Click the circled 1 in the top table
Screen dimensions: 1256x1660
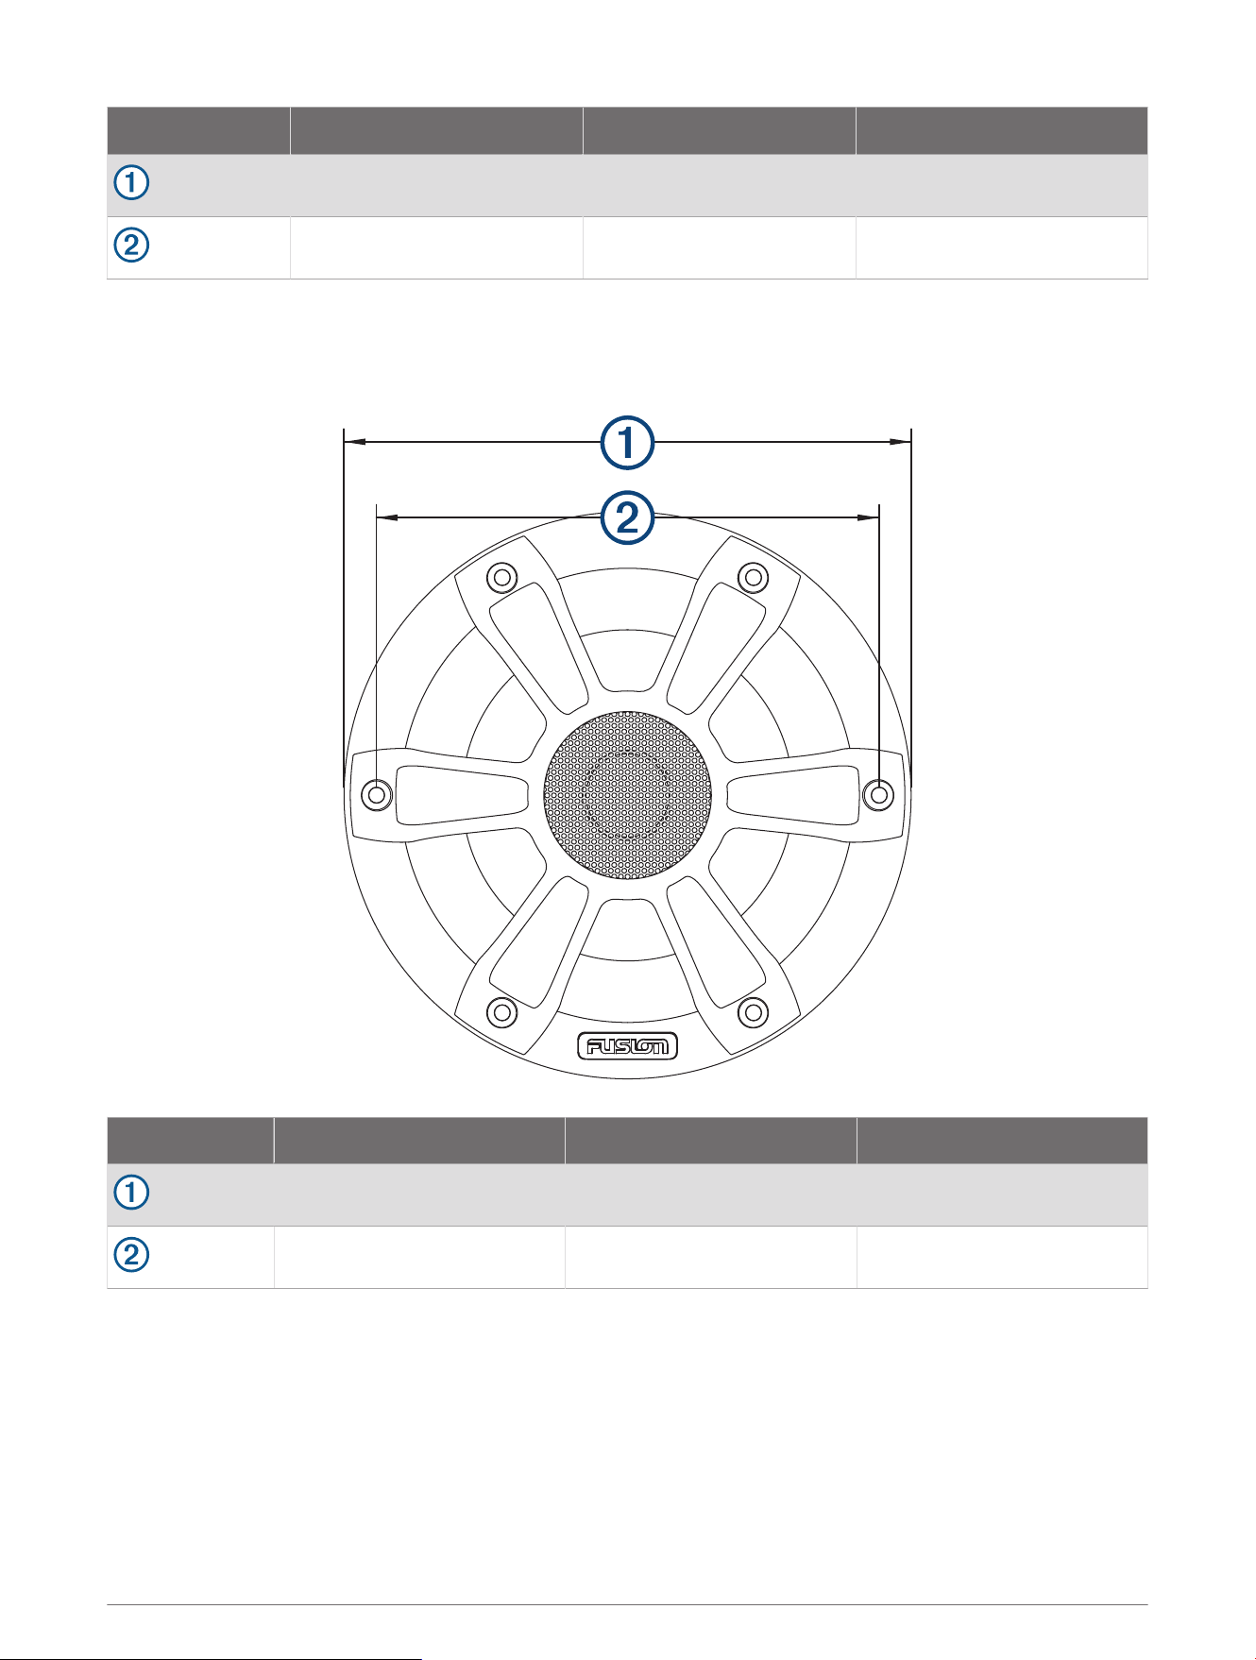(132, 182)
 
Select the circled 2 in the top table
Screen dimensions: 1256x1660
(132, 246)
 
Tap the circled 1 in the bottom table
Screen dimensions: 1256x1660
(132, 1193)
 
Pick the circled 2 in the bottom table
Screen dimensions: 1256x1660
(132, 1255)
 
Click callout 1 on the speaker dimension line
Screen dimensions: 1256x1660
(628, 442)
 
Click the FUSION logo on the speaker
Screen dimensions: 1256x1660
(628, 1046)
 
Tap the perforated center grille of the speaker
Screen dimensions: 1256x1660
(627, 795)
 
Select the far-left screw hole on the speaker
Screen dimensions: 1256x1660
(377, 794)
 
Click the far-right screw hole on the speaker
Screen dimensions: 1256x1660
(879, 794)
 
